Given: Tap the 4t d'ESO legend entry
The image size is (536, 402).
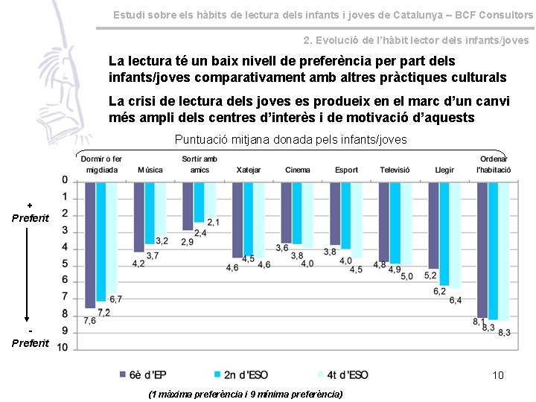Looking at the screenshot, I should pyautogui.click(x=342, y=374).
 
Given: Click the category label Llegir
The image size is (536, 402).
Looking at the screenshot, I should pyautogui.click(x=444, y=170).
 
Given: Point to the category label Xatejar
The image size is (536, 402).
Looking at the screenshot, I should pyautogui.click(x=249, y=170).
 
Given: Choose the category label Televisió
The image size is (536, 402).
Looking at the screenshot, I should pyautogui.click(x=395, y=170).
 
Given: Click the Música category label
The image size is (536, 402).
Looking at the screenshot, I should pyautogui.click(x=150, y=170).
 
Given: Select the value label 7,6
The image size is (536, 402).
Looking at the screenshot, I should pyautogui.click(x=89, y=321).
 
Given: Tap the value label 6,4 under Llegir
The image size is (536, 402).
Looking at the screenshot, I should pyautogui.click(x=456, y=300).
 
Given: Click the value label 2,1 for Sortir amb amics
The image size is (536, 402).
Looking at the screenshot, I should pyautogui.click(x=213, y=222).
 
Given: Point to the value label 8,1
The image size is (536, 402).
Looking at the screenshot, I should pyautogui.click(x=479, y=322).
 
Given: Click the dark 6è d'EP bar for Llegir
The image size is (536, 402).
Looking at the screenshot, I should pyautogui.click(x=433, y=226).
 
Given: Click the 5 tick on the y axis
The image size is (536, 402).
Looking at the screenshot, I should pyautogui.click(x=65, y=264).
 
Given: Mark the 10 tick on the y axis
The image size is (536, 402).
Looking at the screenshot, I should pyautogui.click(x=63, y=347).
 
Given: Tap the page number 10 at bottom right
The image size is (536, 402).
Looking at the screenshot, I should pyautogui.click(x=498, y=374).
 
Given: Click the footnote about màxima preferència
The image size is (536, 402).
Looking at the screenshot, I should pyautogui.click(x=246, y=393).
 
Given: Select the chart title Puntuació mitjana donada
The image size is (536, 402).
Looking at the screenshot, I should pyautogui.click(x=290, y=139).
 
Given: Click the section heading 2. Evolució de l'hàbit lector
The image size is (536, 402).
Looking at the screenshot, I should pyautogui.click(x=416, y=40).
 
